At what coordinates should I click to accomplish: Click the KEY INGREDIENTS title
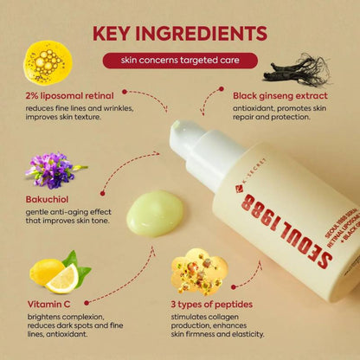tap(180, 34)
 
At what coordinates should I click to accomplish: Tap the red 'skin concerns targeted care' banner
tap(180, 61)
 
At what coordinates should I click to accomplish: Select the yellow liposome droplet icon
tap(48, 61)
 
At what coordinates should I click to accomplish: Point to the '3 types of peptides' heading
tap(223, 305)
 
